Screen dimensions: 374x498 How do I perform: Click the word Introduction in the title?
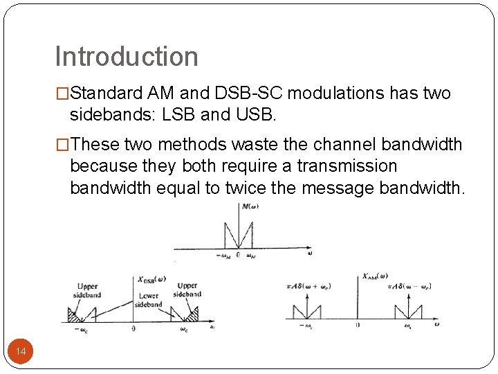click(127, 57)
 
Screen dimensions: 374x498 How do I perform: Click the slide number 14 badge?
click(21, 353)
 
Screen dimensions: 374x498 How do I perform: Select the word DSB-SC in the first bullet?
click(255, 93)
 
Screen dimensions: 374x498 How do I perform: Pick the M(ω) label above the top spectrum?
click(250, 206)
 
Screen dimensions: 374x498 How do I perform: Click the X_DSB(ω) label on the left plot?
click(151, 279)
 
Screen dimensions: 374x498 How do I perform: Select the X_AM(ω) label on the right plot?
click(375, 276)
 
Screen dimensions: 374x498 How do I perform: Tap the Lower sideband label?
click(148, 300)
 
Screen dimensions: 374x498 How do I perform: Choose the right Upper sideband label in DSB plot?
click(187, 290)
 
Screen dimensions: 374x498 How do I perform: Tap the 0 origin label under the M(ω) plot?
click(238, 255)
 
